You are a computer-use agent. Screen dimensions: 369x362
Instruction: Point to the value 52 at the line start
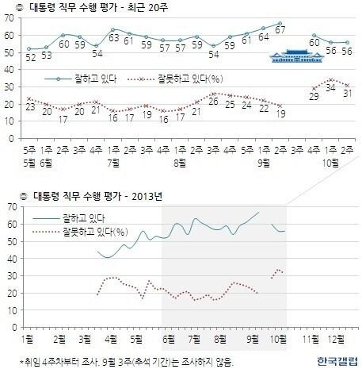pyautogui.click(x=30, y=56)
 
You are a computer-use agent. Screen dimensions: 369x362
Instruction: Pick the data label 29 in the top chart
pyautogui.click(x=315, y=97)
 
